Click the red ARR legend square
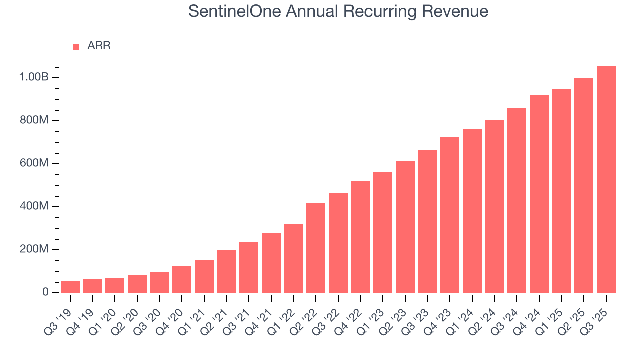(76, 46)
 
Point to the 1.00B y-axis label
(34, 77)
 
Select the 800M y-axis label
(34, 120)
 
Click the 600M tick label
(34, 163)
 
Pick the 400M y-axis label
(34, 206)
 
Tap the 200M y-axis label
(34, 249)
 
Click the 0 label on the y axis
(45, 292)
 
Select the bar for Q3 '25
(606, 180)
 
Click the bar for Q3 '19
(70, 287)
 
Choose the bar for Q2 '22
(316, 248)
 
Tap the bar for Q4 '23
(450, 215)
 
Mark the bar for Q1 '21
(204, 276)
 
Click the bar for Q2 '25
(583, 185)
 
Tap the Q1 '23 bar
(383, 232)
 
